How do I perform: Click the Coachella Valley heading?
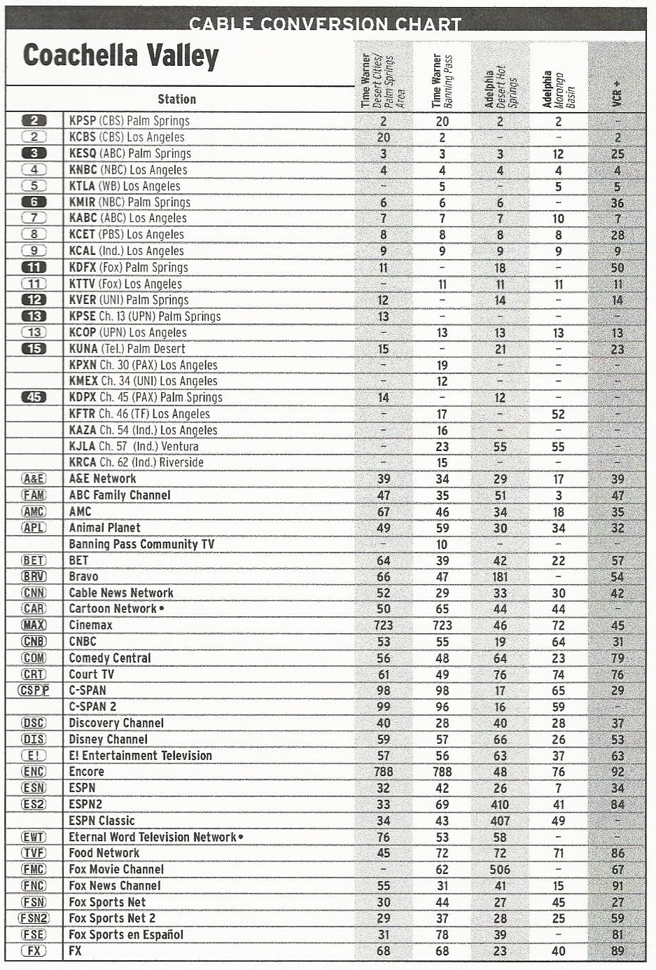point(121,56)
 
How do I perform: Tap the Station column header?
point(176,99)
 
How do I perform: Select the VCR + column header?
point(616,94)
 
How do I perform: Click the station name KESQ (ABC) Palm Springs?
point(130,153)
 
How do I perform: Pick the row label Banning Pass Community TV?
point(141,544)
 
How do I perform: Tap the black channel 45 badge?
point(34,397)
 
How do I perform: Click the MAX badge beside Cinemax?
point(34,625)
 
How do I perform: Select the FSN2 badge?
point(34,918)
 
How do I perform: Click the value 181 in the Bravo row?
point(500,577)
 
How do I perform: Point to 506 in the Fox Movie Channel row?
point(500,870)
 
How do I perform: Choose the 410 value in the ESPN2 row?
point(500,805)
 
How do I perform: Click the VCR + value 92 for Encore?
point(617,772)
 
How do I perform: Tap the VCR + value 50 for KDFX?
point(617,268)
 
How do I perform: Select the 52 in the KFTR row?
point(558,414)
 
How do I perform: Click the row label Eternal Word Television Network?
point(153,837)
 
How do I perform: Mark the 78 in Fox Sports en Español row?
point(442,935)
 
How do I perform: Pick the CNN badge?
point(34,593)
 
